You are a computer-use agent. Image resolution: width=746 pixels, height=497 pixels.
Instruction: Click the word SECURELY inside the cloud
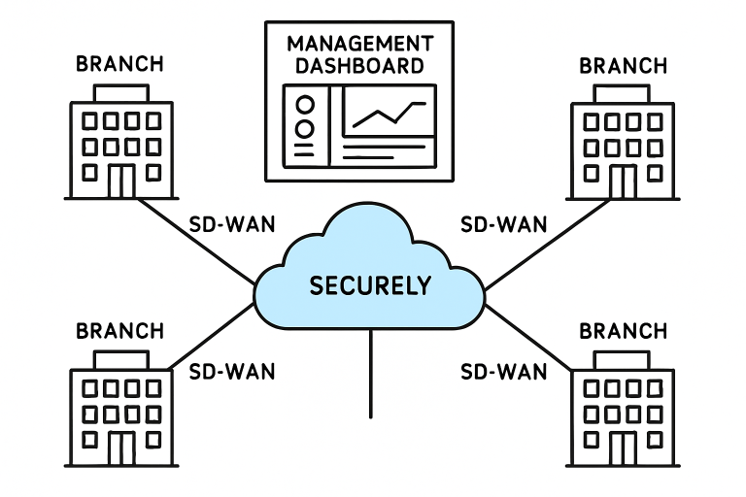click(x=370, y=285)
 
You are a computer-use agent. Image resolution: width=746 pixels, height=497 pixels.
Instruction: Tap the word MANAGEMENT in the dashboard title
click(x=359, y=45)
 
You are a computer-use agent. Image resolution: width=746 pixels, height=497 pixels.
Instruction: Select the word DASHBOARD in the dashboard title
click(x=359, y=66)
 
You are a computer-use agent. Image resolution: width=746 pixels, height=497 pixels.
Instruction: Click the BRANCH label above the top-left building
click(x=120, y=65)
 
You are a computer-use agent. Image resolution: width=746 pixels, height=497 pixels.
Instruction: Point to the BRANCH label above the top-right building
click(x=623, y=65)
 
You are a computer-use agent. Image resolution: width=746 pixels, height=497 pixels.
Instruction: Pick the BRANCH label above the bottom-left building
click(x=120, y=330)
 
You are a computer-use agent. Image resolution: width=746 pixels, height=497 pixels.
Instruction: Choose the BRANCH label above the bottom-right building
click(x=623, y=330)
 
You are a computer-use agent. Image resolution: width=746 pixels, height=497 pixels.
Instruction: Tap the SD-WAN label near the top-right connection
click(x=503, y=224)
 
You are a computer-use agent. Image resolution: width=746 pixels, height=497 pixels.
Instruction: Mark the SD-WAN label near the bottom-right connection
click(x=503, y=371)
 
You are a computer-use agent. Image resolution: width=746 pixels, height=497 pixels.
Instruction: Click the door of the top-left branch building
click(x=121, y=181)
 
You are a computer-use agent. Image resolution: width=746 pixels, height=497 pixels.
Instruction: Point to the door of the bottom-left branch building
click(x=121, y=448)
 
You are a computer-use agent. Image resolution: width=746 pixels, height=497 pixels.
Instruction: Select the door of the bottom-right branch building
click(x=623, y=448)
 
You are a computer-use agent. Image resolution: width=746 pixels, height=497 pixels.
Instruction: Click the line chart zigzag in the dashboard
click(x=389, y=114)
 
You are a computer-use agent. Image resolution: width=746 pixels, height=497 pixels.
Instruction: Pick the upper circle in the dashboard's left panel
click(x=306, y=105)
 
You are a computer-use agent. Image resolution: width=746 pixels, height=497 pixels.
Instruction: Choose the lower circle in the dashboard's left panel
click(x=306, y=127)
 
